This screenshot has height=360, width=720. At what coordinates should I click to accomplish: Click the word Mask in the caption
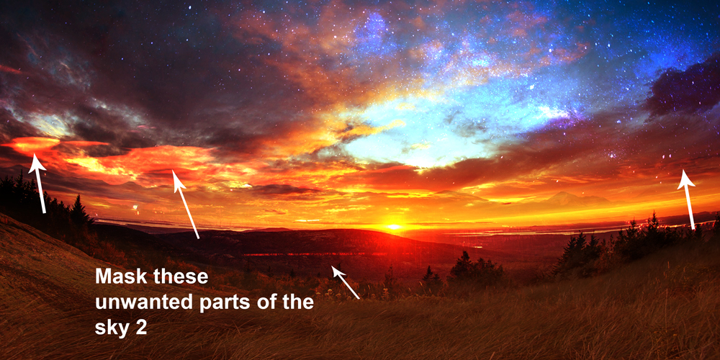tap(120, 277)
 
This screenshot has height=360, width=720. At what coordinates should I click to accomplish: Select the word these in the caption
tap(181, 277)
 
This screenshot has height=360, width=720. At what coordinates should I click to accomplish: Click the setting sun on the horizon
tap(394, 226)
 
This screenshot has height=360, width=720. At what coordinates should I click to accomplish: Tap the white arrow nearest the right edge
tap(688, 199)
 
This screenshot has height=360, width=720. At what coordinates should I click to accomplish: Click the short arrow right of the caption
tap(346, 282)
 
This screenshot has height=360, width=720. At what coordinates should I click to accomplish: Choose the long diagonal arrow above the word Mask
tap(186, 204)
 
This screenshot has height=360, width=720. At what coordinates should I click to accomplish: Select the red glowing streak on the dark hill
tap(317, 254)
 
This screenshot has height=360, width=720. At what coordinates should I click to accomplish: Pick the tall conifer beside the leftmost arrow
tap(78, 211)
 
